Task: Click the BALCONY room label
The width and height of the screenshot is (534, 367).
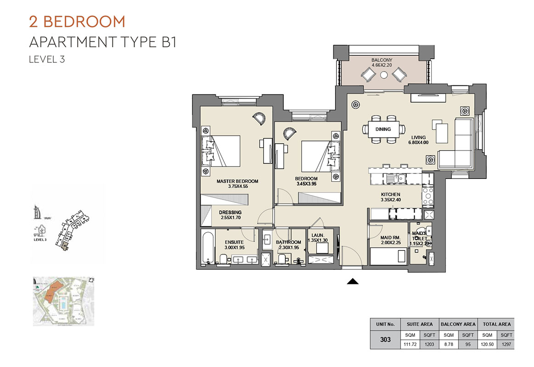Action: pos(382,60)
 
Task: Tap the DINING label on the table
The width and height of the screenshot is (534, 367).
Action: pos(383,129)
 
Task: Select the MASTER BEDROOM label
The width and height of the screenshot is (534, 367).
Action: pos(237,181)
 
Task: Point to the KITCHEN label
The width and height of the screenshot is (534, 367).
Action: pos(390,195)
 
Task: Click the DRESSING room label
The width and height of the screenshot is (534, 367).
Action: pos(230,212)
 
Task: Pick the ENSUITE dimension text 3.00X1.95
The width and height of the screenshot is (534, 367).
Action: pos(234,248)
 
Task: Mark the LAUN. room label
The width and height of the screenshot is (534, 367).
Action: pos(317,235)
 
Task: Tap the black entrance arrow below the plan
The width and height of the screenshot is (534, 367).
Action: pos(352,281)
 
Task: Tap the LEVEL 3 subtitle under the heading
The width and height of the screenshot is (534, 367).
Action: pos(47,59)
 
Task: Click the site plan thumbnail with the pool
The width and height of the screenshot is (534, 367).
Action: pos(63,301)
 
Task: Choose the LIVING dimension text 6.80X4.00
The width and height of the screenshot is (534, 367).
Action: pos(418,143)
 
